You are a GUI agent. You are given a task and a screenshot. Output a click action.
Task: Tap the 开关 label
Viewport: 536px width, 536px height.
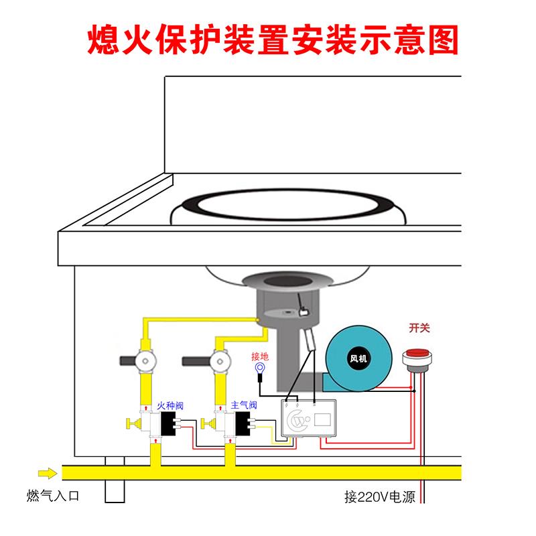[419, 328]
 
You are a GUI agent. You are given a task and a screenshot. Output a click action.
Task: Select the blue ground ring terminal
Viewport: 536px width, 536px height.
[259, 368]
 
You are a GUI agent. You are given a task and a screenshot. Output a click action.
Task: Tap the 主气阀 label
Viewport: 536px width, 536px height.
[243, 405]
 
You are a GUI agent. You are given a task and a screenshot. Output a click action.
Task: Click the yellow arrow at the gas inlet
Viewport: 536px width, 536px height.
[47, 474]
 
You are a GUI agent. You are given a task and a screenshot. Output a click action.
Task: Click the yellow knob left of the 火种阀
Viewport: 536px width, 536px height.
[132, 423]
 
